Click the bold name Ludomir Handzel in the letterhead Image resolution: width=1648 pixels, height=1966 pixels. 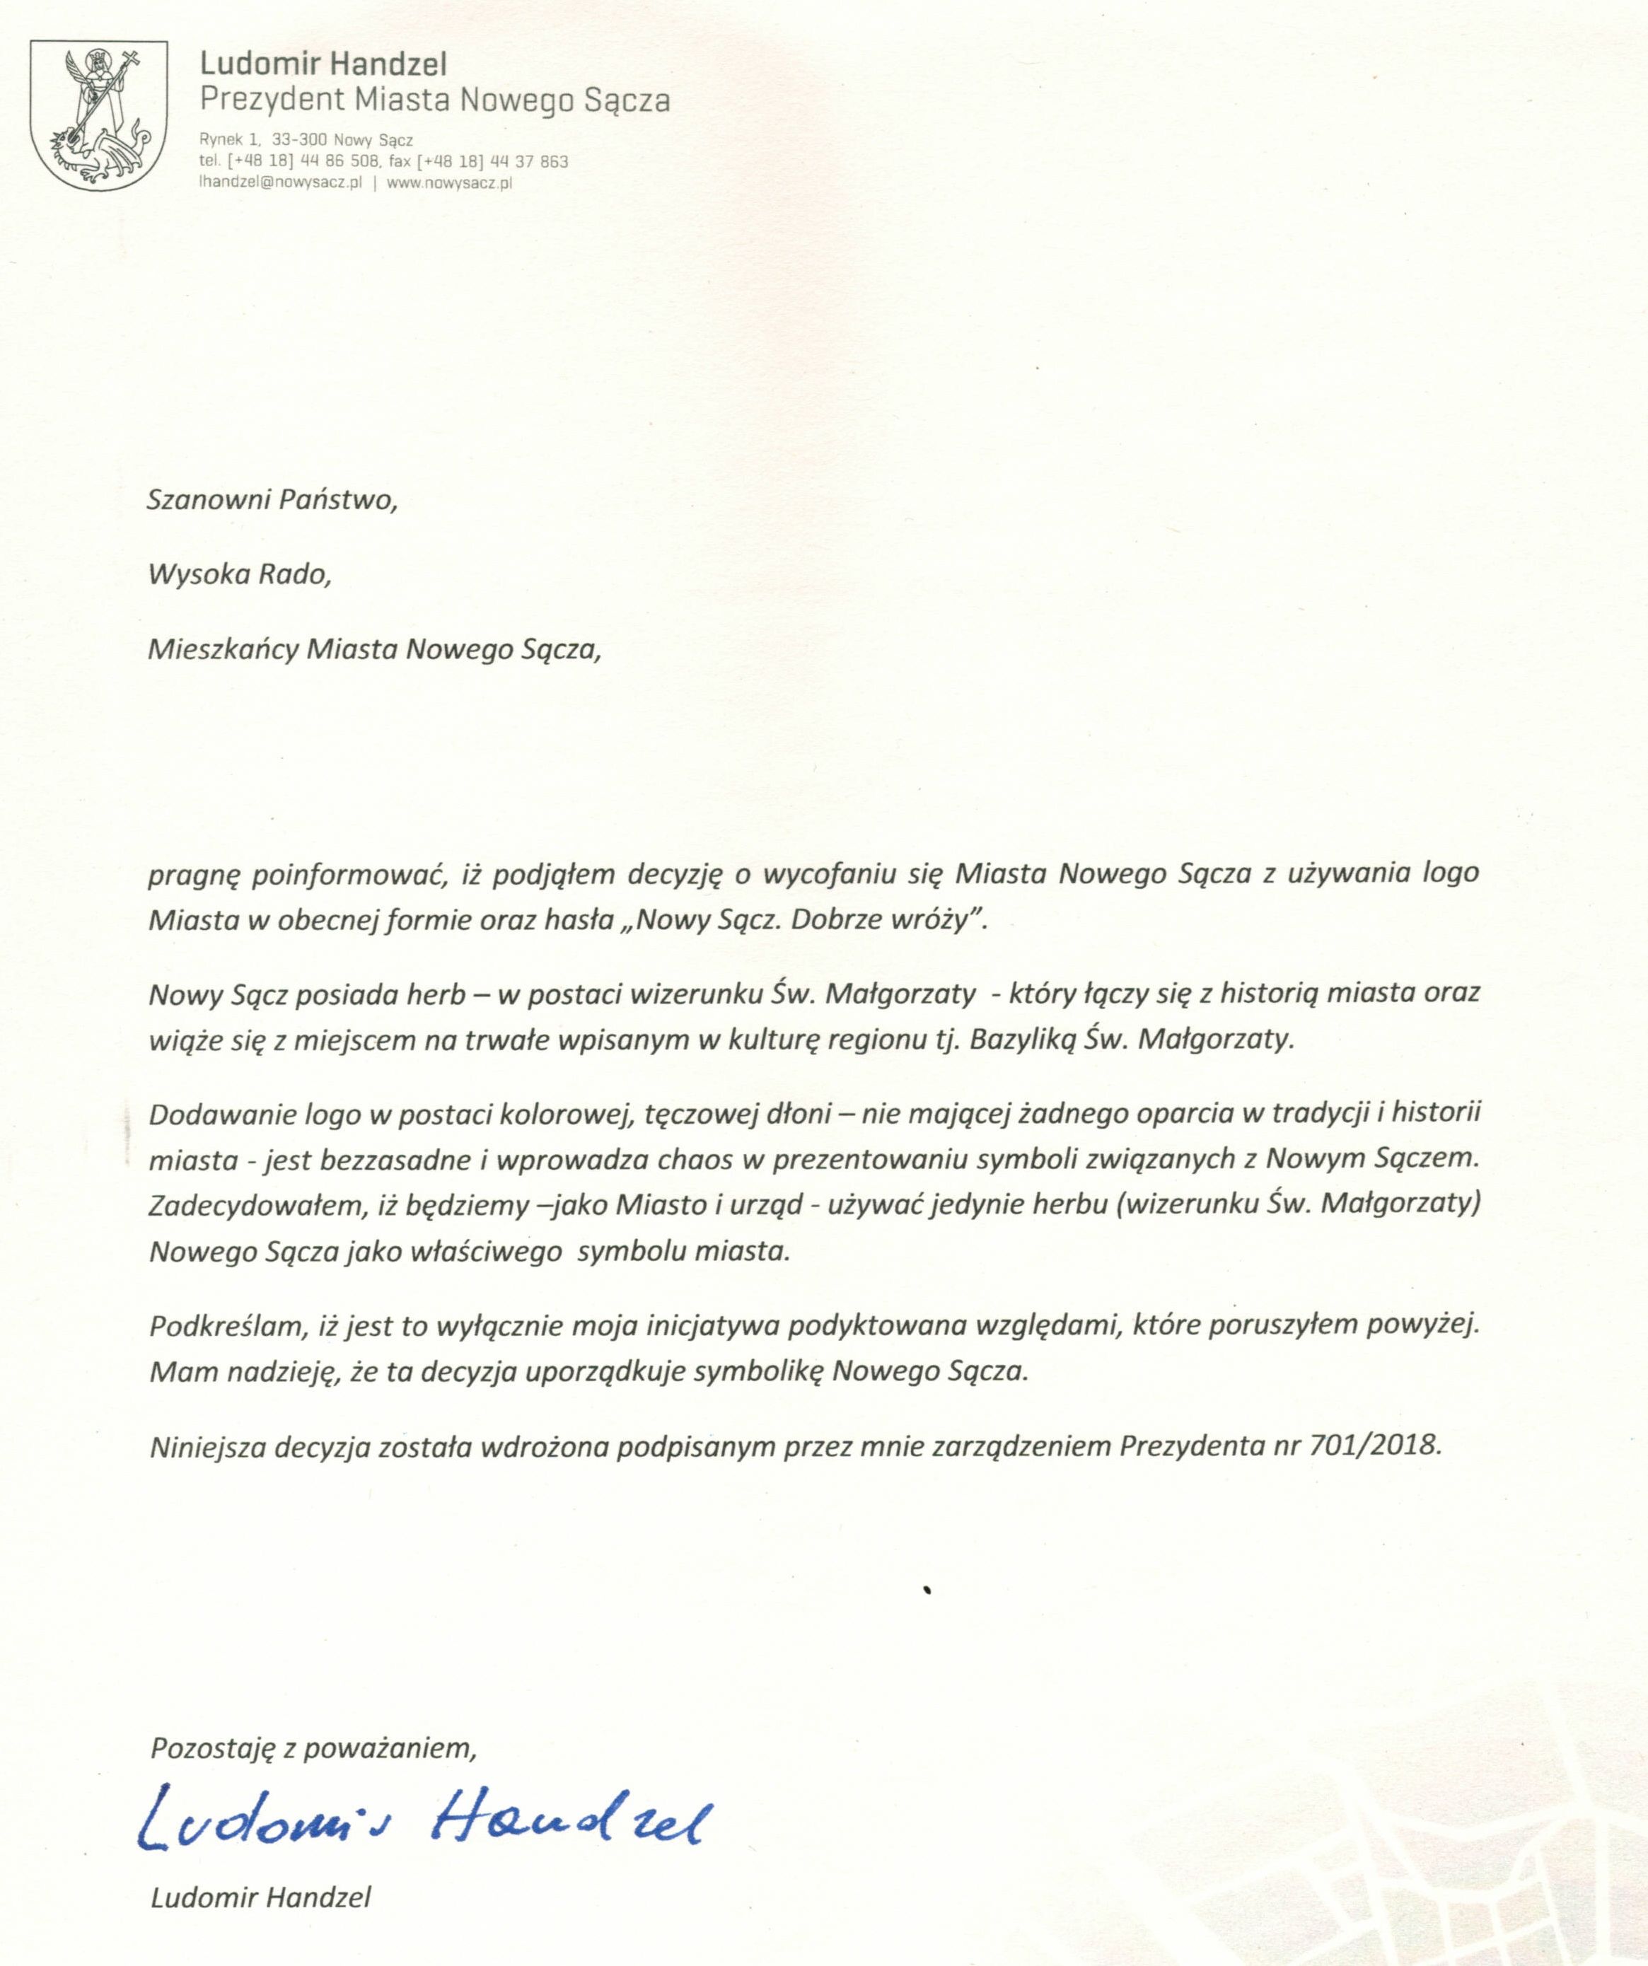(323, 64)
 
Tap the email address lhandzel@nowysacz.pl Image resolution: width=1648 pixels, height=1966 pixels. (280, 183)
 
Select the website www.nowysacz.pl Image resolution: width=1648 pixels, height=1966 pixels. (448, 183)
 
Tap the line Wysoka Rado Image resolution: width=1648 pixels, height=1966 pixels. (240, 574)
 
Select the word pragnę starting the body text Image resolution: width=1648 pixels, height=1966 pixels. (194, 874)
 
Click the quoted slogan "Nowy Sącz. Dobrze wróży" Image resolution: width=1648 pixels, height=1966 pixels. (810, 919)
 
